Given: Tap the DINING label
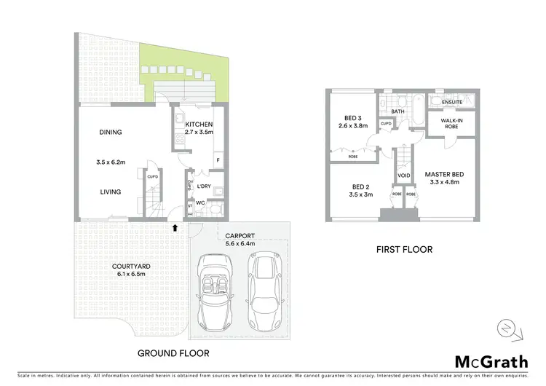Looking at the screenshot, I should (x=111, y=132).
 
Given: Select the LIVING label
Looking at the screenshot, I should (x=111, y=192).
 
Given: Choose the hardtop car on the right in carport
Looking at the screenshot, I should (x=262, y=290).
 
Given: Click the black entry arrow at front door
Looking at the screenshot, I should (x=175, y=227).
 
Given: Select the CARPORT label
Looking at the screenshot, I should (x=240, y=236).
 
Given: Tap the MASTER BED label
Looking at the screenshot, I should (x=446, y=175).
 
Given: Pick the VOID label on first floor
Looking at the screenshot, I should (x=405, y=176).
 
